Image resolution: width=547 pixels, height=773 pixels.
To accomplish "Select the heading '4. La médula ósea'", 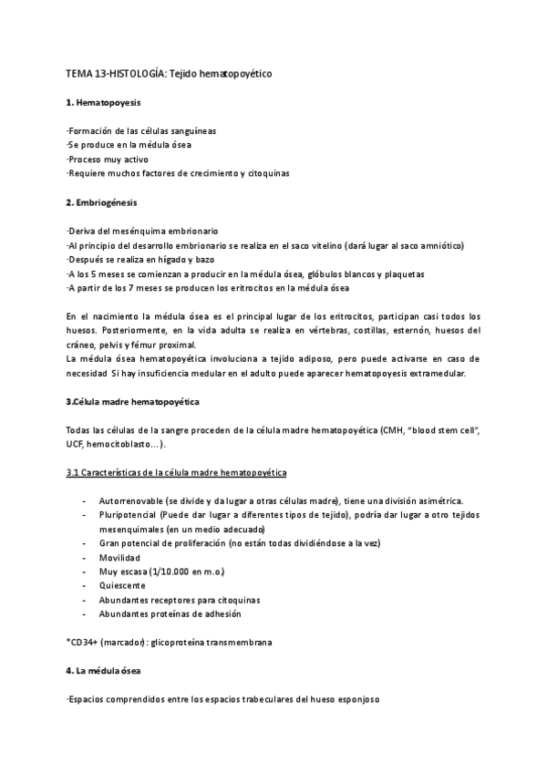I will click(103, 671).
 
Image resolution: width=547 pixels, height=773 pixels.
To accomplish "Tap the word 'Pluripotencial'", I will click(135, 515).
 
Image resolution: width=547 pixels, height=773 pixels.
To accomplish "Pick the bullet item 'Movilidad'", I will click(127, 557).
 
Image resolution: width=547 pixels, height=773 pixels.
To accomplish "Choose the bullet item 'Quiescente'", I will click(129, 586).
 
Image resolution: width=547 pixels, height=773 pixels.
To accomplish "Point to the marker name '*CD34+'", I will click(83, 643).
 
